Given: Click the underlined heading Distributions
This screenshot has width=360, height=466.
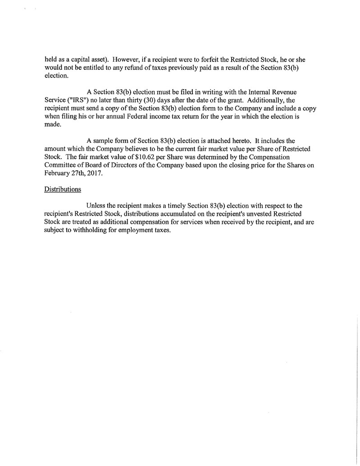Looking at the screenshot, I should [62, 189].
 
